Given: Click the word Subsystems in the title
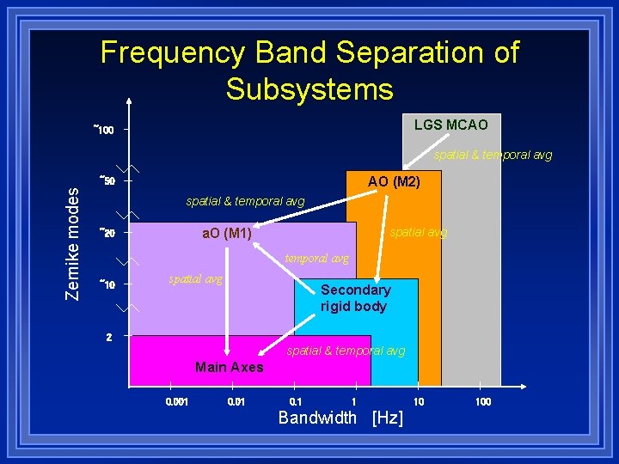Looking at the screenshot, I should pos(309,89).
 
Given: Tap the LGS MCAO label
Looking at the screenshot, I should pos(450,125).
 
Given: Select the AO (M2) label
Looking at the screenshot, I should pos(394,181).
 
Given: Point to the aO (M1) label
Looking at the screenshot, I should pos(226,234).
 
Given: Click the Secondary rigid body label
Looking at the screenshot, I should pos(355,298).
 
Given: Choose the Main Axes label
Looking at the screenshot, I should pos(229,368).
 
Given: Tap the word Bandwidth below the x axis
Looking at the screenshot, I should pos(317,418).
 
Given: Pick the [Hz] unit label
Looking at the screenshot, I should pos(387,418).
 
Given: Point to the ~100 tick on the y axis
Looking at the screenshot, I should pos(104,131).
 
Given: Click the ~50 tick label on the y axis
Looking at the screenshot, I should pos(107,181).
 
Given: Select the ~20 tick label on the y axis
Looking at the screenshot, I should pos(107,233).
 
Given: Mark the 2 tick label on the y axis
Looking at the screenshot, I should pos(108,336).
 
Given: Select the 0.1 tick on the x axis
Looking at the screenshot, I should pos(297,401).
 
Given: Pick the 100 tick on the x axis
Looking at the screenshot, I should pos(483,401).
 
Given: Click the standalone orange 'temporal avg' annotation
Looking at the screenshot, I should pos(316,258).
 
